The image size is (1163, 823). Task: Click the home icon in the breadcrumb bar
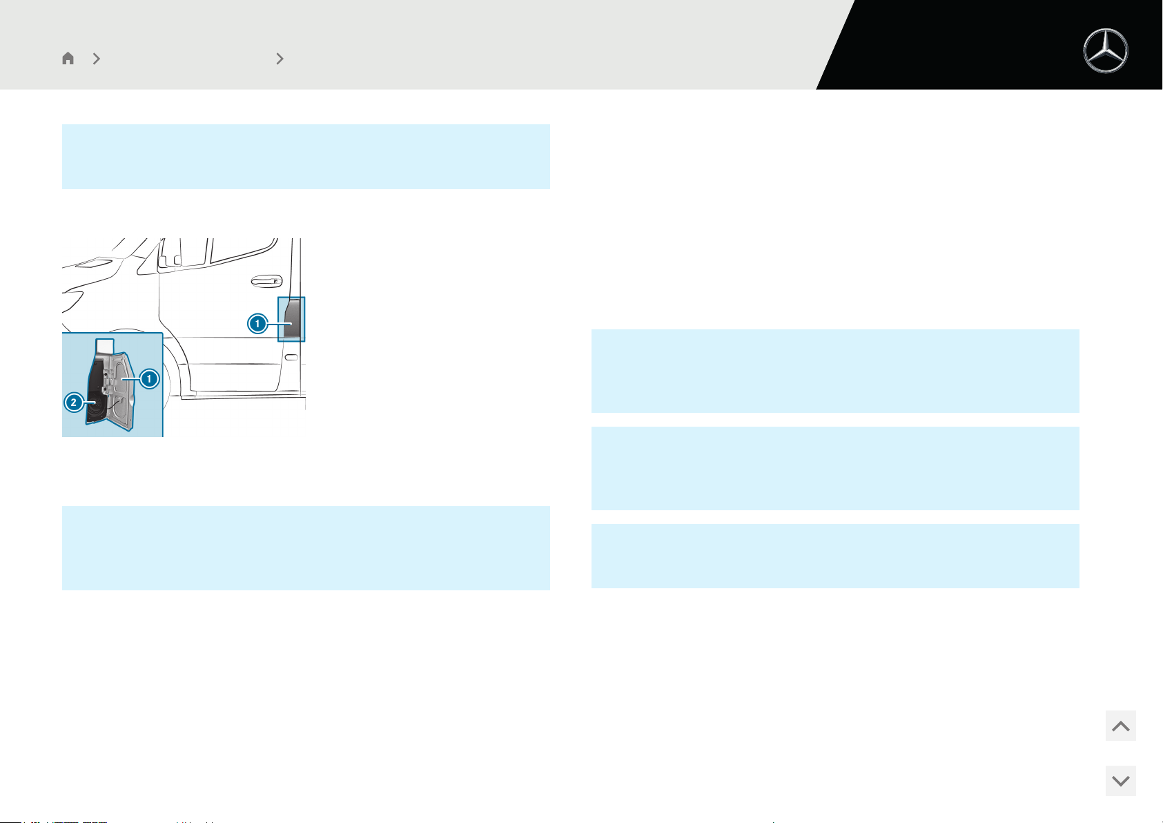coord(68,58)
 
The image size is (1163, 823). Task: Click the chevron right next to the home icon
coord(97,59)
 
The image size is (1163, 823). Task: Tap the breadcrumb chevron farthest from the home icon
coord(280,59)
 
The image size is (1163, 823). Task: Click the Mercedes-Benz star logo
coord(1106,50)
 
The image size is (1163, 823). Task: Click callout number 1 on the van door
coord(257,324)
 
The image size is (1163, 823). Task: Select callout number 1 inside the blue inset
coord(150,378)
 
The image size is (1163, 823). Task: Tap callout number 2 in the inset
coord(74,403)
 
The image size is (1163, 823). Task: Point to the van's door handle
coord(266,281)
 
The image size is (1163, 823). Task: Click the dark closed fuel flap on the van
coord(292,319)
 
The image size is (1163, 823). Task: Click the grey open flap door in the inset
coord(122,391)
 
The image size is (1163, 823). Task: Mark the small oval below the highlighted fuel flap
coord(292,357)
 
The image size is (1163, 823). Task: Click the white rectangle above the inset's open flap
coord(105,345)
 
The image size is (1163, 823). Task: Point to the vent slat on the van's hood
coord(93,263)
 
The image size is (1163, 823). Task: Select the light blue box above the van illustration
coord(306,156)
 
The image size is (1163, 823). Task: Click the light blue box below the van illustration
coord(306,548)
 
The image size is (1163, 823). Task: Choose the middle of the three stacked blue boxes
coord(835,468)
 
